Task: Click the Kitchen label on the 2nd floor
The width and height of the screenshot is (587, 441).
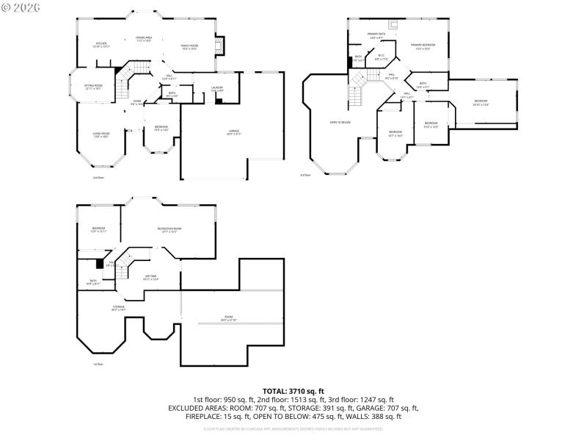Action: coord(101,45)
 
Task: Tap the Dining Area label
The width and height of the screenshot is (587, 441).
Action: coord(143,39)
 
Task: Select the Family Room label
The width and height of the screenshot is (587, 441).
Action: coord(190,47)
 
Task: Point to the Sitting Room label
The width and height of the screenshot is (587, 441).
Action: coord(92,87)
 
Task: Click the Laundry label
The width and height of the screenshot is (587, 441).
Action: coord(217,89)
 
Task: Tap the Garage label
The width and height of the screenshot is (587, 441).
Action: coord(233,132)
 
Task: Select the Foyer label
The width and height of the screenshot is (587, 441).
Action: coord(136,103)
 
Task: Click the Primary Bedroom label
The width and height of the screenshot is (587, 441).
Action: coord(423,47)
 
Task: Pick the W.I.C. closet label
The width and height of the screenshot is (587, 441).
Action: coord(381,57)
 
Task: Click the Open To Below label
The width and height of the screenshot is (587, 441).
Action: coord(340,122)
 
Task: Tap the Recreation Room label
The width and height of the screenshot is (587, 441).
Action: coord(169,230)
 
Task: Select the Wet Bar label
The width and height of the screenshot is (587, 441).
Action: coord(151,278)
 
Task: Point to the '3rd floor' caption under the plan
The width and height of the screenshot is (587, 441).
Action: coord(305,175)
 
